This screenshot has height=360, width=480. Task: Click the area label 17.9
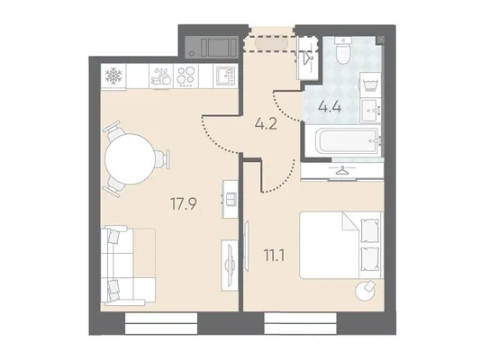click(x=184, y=204)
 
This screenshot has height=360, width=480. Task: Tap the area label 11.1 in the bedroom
click(x=275, y=256)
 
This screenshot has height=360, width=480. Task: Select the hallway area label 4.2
click(x=266, y=123)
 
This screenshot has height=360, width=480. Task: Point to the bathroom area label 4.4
click(x=330, y=107)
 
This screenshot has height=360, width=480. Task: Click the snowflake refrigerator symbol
click(x=113, y=76)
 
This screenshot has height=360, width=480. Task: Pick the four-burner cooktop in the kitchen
click(x=186, y=76)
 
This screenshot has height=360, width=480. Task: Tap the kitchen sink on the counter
click(x=226, y=76)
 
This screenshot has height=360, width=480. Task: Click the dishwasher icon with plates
click(x=161, y=76)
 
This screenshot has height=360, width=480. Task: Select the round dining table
click(x=130, y=158)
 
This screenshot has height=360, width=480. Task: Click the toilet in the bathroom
click(x=343, y=50)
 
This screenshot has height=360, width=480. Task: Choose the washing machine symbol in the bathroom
click(x=370, y=85)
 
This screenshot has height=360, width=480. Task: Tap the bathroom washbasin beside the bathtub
click(x=371, y=111)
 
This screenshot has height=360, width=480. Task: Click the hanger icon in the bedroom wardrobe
click(x=342, y=170)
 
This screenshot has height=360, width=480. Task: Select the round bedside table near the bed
click(x=366, y=290)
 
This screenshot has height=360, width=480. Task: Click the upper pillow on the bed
click(x=369, y=230)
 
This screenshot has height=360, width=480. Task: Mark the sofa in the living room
click(x=128, y=265)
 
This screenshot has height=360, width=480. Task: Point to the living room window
click(x=161, y=323)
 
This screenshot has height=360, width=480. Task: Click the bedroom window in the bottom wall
click(x=300, y=323)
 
